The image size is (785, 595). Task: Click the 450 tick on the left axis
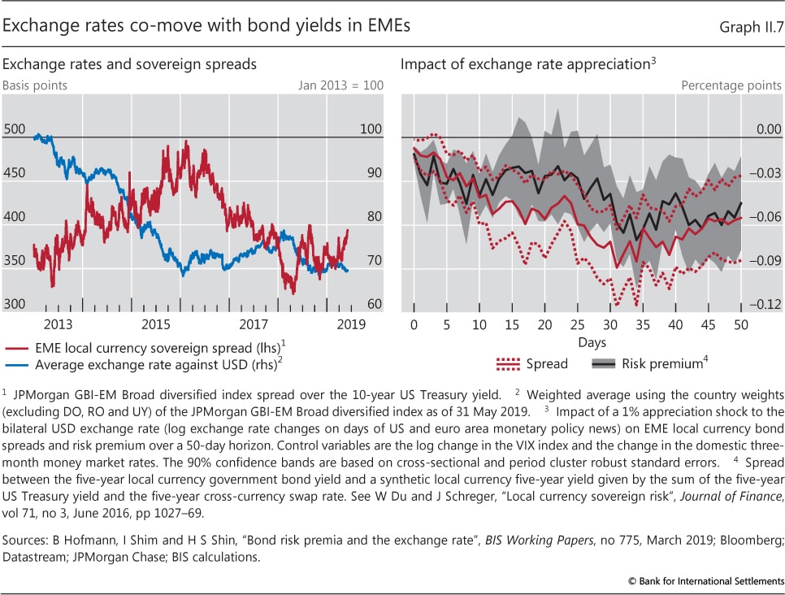click(15, 172)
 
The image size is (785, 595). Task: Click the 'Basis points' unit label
click(35, 85)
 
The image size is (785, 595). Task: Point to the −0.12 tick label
click(765, 304)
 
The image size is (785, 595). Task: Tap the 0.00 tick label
click(767, 128)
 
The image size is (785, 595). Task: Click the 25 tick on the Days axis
click(577, 325)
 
